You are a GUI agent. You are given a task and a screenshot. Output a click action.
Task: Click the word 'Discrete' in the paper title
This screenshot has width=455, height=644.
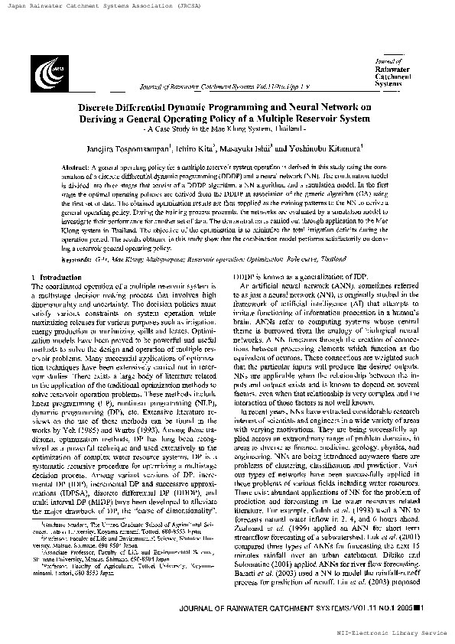[105, 108]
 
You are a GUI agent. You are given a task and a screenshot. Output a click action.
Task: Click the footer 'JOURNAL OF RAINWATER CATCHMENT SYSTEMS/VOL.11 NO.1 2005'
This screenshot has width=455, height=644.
[294, 608]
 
